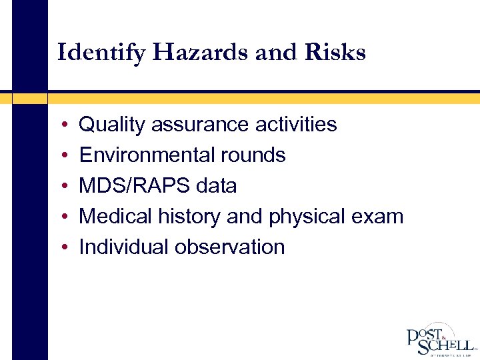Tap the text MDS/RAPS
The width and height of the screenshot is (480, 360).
pyautogui.click(x=135, y=186)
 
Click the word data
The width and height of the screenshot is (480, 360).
pyautogui.click(x=217, y=186)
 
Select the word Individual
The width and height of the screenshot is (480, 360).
pyautogui.click(x=124, y=247)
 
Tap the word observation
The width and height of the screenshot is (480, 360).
pyautogui.click(x=229, y=247)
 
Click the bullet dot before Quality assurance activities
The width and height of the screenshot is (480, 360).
pyautogui.click(x=61, y=125)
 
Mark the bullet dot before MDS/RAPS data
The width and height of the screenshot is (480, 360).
pyautogui.click(x=61, y=187)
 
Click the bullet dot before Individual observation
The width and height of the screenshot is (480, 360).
pyautogui.click(x=61, y=248)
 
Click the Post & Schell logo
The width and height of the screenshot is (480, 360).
pyautogui.click(x=440, y=339)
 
